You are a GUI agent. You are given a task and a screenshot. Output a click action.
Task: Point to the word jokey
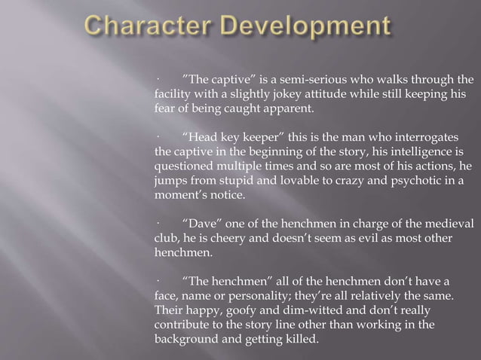click(286, 94)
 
